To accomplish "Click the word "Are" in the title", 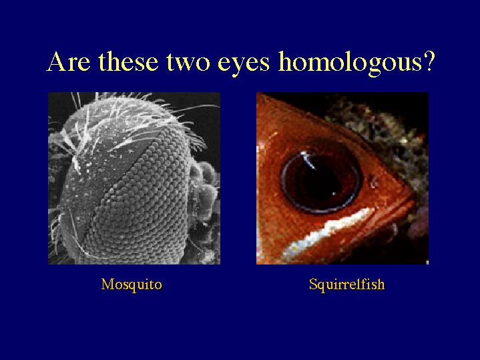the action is (69, 61).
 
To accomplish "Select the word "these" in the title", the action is (128, 61).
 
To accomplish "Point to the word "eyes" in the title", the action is (244, 65).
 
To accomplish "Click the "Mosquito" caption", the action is (132, 285).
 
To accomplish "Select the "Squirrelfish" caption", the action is (346, 285).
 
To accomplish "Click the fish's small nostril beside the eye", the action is (373, 182).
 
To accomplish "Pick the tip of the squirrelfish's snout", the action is (414, 196).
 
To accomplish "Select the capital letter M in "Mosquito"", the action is (107, 285).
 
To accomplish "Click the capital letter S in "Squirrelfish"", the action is (313, 284).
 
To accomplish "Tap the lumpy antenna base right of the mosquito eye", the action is (204, 190).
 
